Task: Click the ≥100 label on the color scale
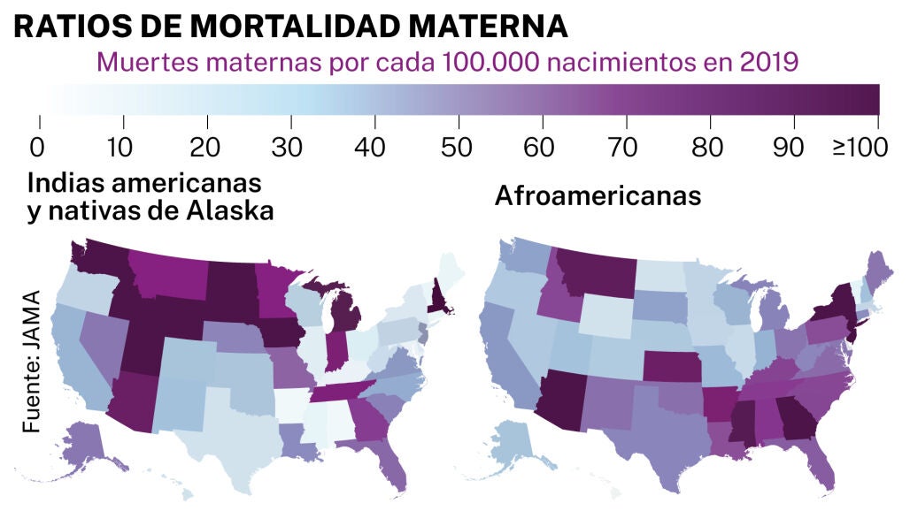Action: click(x=859, y=147)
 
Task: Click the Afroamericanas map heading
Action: click(x=598, y=195)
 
